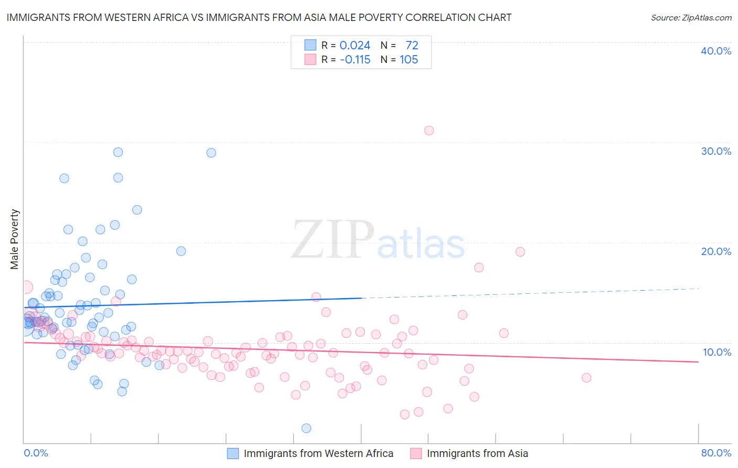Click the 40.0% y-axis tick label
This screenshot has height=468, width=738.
[x=715, y=51]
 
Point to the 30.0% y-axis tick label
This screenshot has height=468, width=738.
[x=715, y=151]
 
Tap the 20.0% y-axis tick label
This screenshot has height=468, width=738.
[x=715, y=251]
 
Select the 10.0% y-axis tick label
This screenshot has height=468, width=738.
[x=716, y=352]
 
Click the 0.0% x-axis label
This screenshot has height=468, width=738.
[x=36, y=453]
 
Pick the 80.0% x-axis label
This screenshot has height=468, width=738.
[x=716, y=453]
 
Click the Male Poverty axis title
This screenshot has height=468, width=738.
[x=15, y=239]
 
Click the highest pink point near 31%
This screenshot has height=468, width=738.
[x=429, y=131]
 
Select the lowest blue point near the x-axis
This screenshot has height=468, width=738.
[x=307, y=428]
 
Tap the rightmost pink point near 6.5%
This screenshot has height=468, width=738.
[x=586, y=378]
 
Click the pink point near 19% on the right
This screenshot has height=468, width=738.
[x=520, y=252]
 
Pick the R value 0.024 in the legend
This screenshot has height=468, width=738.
[x=355, y=46]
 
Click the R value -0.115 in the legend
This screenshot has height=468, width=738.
[x=355, y=60]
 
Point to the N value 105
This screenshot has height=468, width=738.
[x=408, y=60]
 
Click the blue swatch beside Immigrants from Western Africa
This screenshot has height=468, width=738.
[x=233, y=453]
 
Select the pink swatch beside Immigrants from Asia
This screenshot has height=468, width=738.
[x=416, y=453]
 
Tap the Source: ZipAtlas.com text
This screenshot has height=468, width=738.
[x=691, y=18]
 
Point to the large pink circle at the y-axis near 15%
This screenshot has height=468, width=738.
[x=26, y=287]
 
